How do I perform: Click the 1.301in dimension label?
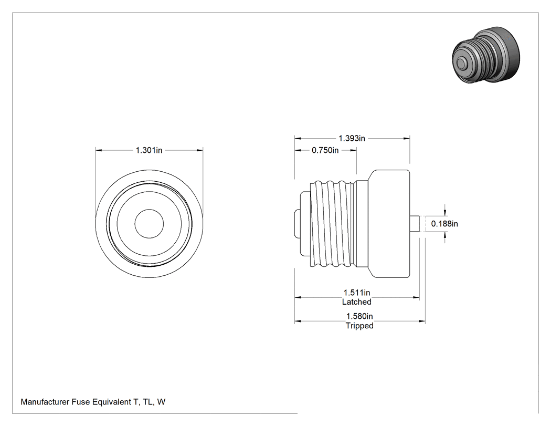tap(149, 150)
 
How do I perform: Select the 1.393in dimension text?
tap(352, 138)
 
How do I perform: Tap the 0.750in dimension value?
tap(325, 150)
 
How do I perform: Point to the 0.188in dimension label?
tap(444, 224)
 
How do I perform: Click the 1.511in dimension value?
tap(357, 293)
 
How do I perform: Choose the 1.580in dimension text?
tap(359, 316)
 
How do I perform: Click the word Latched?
tap(357, 302)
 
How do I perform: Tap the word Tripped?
tap(359, 326)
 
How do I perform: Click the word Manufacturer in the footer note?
tap(45, 402)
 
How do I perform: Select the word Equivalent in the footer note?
tap(112, 402)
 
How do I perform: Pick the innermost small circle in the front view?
tap(149, 224)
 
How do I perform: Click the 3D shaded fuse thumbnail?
tap(486, 55)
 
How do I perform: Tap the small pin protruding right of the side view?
tap(415, 224)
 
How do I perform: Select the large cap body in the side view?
tap(389, 224)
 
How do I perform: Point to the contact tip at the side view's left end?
tap(296, 224)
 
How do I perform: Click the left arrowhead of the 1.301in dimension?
tap(99, 150)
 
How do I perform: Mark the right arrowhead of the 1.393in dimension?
tap(407, 139)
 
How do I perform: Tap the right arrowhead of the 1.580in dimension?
tap(422, 321)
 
